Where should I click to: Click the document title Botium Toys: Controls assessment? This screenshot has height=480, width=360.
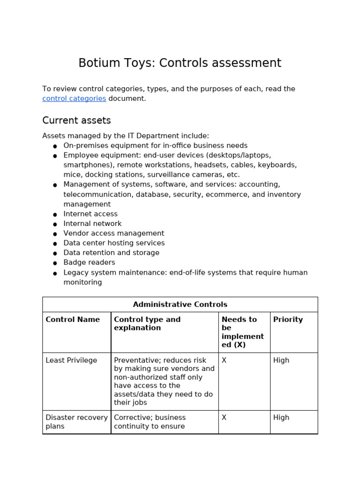pos(180,63)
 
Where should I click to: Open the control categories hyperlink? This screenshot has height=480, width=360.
pos(74,98)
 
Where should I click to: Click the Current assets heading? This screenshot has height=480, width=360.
pos(76,120)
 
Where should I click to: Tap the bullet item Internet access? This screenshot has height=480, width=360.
pos(90,214)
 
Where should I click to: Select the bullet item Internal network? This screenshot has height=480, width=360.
pos(92,224)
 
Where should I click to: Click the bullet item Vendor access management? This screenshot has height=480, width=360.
pos(113,233)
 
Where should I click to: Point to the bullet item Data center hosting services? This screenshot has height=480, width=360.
pos(114,243)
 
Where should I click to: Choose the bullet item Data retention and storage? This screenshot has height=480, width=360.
pos(111,253)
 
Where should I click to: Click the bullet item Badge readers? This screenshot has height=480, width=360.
pos(89,262)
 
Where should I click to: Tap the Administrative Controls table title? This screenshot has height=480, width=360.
pos(180,305)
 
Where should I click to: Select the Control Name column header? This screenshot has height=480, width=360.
pos(73,320)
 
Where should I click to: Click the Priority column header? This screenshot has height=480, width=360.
pos(288,320)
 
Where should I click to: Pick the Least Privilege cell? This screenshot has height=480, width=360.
pos(71,360)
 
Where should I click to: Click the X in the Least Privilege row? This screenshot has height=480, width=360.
pos(224,360)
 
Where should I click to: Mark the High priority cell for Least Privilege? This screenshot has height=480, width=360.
pos(281,360)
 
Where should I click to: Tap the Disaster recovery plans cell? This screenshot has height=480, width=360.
pos(76,422)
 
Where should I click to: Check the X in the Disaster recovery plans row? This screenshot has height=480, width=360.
pos(224,418)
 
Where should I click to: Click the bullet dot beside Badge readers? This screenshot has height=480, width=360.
pos(55,263)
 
